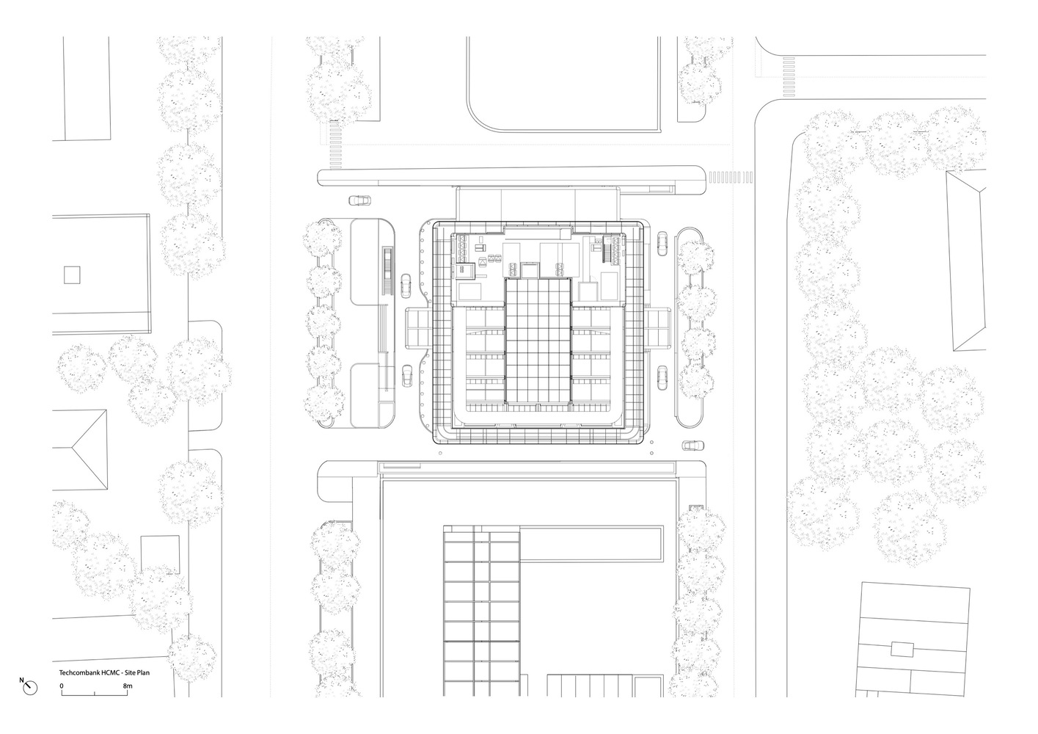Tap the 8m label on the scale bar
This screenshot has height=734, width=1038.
click(128, 686)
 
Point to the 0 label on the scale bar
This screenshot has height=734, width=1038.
click(62, 686)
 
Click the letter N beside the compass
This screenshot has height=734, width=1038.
click(21, 680)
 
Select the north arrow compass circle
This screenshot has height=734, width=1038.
click(31, 688)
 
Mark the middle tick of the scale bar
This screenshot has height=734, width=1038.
click(95, 694)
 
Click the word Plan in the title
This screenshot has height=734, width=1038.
click(143, 672)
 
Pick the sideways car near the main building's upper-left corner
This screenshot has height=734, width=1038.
click(360, 200)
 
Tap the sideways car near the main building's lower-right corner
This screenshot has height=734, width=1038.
click(692, 445)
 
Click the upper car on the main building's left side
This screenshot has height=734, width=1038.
click(406, 286)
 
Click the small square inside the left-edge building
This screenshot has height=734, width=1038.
click(72, 275)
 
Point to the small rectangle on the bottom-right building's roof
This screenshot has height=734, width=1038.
click(902, 649)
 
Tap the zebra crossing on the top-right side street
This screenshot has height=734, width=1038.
click(789, 77)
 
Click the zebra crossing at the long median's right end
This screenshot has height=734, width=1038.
click(731, 177)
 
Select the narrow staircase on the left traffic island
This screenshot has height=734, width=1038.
click(388, 271)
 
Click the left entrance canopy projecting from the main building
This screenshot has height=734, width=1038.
click(420, 328)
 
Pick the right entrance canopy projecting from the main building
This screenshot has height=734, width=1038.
click(657, 327)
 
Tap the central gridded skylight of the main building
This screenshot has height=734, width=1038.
click(538, 341)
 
